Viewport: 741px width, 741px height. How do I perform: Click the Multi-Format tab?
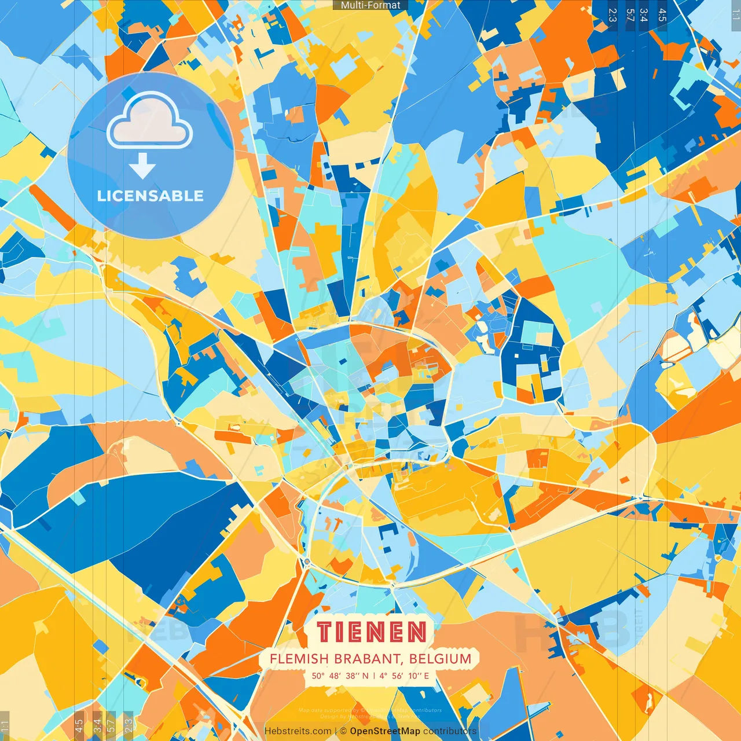[370, 5]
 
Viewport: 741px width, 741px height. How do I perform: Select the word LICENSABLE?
[151, 196]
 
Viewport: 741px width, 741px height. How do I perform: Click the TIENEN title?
[371, 632]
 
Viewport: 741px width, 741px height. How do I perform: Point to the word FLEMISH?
[299, 659]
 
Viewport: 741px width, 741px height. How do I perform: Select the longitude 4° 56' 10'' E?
[404, 676]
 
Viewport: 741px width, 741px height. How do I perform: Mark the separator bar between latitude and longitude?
[374, 676]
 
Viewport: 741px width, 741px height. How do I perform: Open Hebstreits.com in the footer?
[298, 731]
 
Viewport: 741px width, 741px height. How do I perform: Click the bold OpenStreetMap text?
[385, 731]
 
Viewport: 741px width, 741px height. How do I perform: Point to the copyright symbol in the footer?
[343, 731]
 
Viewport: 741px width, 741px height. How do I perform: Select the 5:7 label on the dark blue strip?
[630, 15]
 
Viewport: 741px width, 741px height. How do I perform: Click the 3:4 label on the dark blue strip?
[644, 15]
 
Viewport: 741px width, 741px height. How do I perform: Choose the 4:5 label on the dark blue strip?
[662, 15]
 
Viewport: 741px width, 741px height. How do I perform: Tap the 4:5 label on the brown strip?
[79, 725]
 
